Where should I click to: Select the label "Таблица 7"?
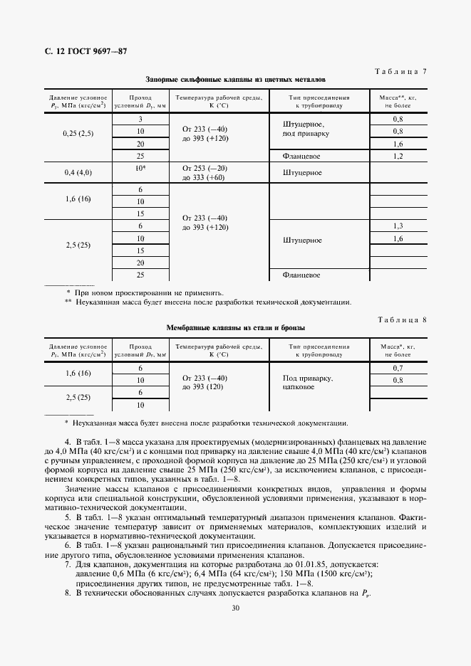tap(400, 71)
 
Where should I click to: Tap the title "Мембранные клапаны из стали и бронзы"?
tap(235, 328)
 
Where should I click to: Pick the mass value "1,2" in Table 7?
tap(398, 155)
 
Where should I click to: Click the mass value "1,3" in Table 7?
tap(398, 226)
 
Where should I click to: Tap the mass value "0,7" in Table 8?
tap(398, 367)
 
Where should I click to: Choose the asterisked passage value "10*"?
tap(140, 167)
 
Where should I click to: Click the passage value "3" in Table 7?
tap(140, 119)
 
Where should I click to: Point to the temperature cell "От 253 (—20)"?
tap(205, 167)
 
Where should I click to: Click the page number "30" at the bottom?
tap(235, 608)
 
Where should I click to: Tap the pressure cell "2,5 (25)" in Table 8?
tap(78, 398)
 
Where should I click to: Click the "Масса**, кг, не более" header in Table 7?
tap(398, 100)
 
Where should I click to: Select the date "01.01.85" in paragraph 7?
tap(304, 544)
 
